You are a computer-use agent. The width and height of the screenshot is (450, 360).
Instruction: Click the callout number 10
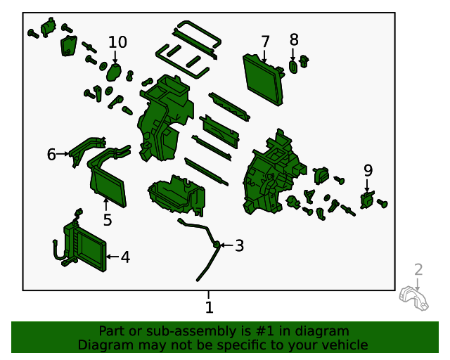click(x=117, y=42)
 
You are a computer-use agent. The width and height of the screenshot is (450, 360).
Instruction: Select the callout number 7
click(x=265, y=42)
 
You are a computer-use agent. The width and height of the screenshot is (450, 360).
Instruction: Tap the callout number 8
click(x=294, y=39)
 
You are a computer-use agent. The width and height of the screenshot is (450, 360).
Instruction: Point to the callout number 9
click(x=368, y=171)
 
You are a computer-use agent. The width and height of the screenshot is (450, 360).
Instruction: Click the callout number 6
click(x=51, y=155)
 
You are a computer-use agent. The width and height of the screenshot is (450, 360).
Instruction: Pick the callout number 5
click(x=108, y=220)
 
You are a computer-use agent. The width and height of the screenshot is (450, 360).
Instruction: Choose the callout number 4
click(x=125, y=257)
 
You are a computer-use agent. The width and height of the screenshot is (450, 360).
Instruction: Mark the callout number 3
click(x=240, y=245)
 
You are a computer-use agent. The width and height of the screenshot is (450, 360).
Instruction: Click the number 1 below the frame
click(x=210, y=307)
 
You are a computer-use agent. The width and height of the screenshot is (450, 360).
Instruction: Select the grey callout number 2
click(x=418, y=270)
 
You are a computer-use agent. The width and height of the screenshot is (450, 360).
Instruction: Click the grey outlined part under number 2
click(x=414, y=298)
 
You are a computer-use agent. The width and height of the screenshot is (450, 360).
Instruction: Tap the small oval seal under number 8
click(x=292, y=67)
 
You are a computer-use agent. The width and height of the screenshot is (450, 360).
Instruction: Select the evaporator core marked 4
click(x=84, y=246)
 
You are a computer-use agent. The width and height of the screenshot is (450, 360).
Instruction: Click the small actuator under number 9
click(x=367, y=200)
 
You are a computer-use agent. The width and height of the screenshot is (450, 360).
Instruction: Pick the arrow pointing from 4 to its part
click(x=112, y=257)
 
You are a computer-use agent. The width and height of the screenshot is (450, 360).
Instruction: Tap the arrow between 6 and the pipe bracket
click(x=63, y=154)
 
